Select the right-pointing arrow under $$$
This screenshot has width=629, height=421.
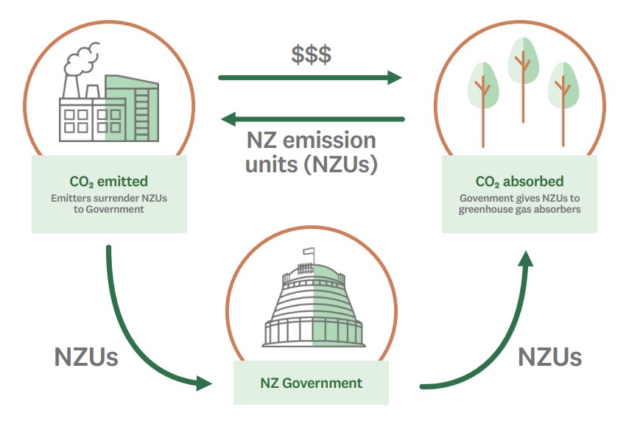coord(310,77)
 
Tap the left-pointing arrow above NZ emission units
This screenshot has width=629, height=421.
coord(313,118)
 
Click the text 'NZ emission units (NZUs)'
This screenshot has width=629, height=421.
coord(311,152)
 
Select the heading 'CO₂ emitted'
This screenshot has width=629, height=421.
coord(108,181)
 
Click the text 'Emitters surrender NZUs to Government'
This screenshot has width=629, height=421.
coord(108,204)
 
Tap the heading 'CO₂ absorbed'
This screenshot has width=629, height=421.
coord(519,181)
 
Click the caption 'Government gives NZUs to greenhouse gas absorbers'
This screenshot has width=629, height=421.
coord(519,204)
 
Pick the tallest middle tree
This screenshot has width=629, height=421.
coord(522,81)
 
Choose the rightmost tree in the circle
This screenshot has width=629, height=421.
coord(563,96)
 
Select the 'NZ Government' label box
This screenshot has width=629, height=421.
coord(311,383)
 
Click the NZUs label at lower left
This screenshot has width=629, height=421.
coord(86,357)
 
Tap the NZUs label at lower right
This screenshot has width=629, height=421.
coord(549,357)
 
